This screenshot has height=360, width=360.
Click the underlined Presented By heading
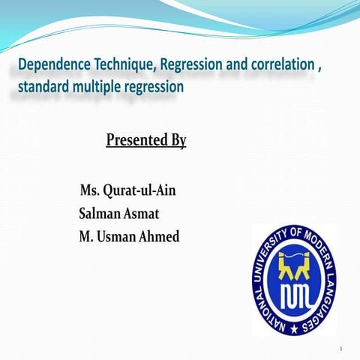tap(146, 140)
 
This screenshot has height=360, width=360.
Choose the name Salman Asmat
tap(119, 213)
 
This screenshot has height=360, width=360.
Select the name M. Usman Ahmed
tap(129, 237)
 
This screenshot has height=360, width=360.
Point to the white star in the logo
tap(295, 327)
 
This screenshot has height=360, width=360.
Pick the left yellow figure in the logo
tap(283, 264)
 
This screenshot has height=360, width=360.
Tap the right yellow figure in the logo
tap(304, 264)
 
